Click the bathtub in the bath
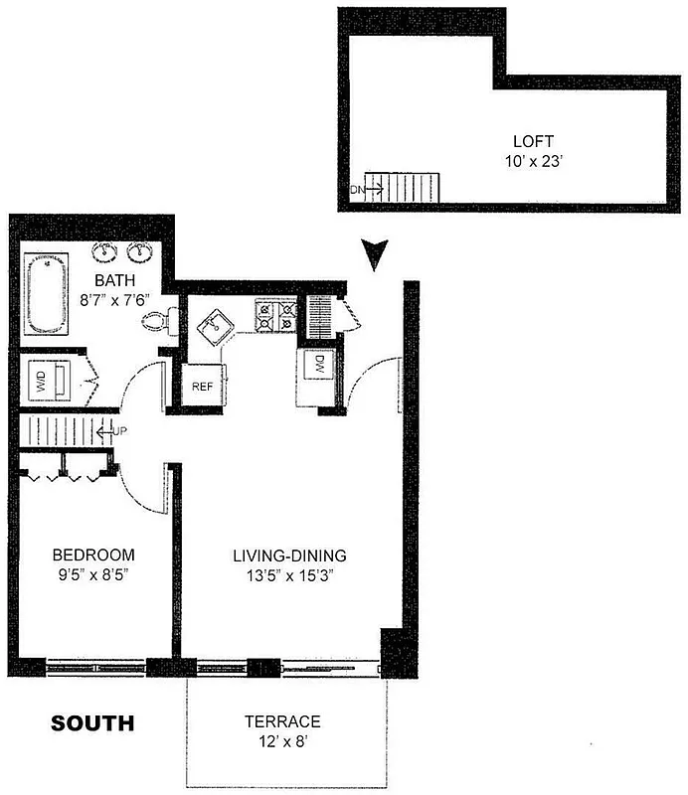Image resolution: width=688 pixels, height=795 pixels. (x=47, y=295)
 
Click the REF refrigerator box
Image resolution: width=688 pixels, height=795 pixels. (x=202, y=387)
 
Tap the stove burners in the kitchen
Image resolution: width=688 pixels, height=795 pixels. (x=277, y=315)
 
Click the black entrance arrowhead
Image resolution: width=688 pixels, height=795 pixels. (x=374, y=253)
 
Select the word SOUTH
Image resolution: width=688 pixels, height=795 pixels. (x=92, y=723)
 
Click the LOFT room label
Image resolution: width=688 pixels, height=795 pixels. (x=533, y=141)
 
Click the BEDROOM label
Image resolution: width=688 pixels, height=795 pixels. (x=93, y=555)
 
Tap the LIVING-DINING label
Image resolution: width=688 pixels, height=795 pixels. (x=289, y=556)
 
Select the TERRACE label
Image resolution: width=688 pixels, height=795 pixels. (x=283, y=721)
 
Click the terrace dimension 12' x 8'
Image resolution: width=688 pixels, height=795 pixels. (x=283, y=740)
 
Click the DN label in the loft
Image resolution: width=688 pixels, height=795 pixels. (x=356, y=189)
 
